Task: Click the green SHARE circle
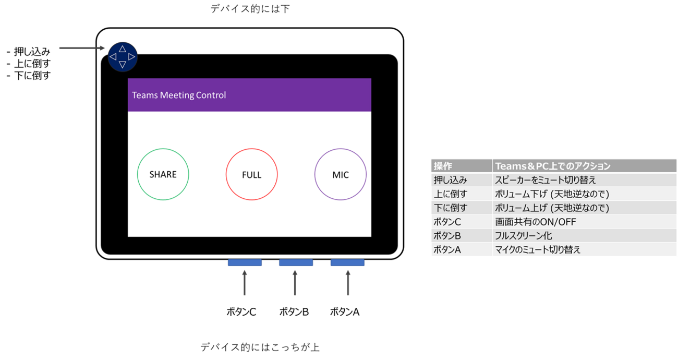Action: [163, 174]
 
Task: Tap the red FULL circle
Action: [251, 175]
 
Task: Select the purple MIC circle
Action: [340, 175]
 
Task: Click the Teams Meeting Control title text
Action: [179, 95]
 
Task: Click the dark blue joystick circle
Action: [123, 56]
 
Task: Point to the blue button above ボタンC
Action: [245, 262]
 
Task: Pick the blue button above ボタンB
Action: [296, 262]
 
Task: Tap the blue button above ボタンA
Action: [347, 262]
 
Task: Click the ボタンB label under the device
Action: [294, 312]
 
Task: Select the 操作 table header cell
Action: [462, 166]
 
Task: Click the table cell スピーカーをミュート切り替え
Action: [545, 180]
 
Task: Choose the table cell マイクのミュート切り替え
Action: [538, 249]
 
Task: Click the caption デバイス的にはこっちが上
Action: [260, 347]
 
